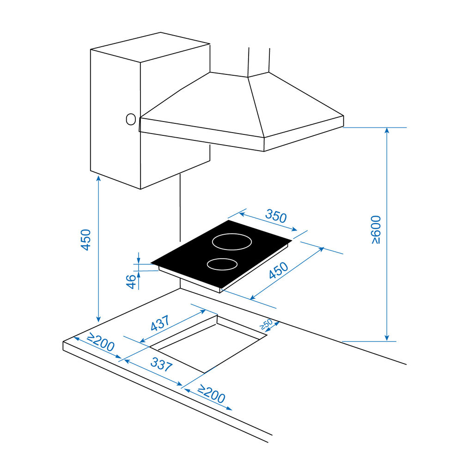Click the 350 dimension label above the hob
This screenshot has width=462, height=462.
(x=276, y=216)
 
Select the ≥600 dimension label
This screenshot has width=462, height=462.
(x=376, y=230)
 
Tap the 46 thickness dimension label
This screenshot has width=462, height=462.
(x=131, y=281)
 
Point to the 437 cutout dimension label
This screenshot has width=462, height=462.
(x=160, y=323)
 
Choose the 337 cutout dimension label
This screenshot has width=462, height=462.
(x=161, y=364)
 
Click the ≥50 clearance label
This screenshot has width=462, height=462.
(x=266, y=324)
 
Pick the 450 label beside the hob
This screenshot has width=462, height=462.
(x=279, y=270)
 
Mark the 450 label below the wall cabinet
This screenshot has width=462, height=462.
(x=86, y=240)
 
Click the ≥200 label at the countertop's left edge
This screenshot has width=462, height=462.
(x=100, y=342)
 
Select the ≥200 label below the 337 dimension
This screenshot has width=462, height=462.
(x=211, y=394)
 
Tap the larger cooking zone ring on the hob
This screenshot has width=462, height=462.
(x=232, y=242)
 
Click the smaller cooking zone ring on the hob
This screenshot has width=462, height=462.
(x=222, y=264)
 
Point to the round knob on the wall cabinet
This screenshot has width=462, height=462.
(x=131, y=119)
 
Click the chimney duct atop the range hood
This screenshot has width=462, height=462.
(x=259, y=62)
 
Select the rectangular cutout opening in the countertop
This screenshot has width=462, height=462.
(x=209, y=344)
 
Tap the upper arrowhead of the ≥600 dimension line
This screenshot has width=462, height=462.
(x=387, y=130)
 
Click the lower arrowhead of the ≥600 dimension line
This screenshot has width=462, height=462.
(x=387, y=338)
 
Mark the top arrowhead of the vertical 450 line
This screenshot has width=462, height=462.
(x=98, y=178)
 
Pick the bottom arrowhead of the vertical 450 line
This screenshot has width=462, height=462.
(x=98, y=319)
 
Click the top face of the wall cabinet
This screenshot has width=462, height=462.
(x=150, y=47)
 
